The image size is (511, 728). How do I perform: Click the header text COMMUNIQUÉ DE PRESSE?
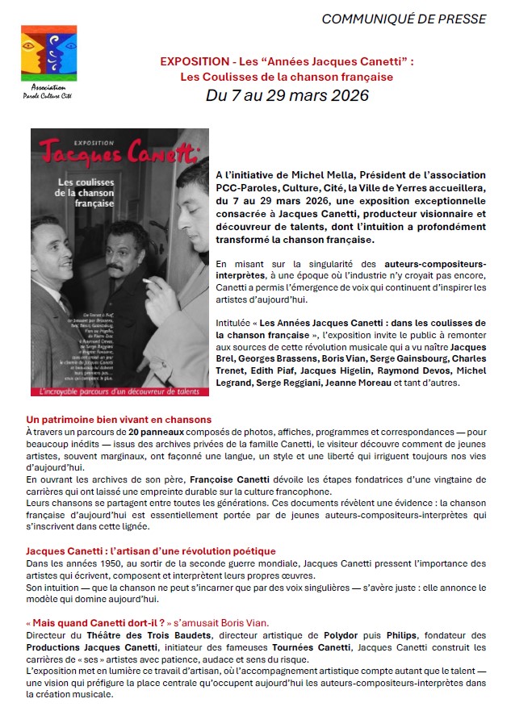[x=415, y=19]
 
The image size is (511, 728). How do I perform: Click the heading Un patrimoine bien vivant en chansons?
[x=119, y=420]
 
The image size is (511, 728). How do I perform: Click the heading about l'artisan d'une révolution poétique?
[x=151, y=551]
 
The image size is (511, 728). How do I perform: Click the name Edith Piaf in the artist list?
[x=291, y=370]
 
